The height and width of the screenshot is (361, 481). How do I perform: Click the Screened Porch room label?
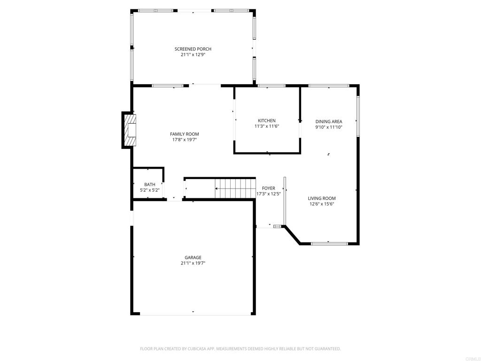(x=193, y=49)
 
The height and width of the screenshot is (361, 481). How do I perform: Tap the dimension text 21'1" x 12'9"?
(x=193, y=55)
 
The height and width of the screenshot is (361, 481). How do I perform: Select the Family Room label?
(x=184, y=134)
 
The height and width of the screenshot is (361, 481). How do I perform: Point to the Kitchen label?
(x=267, y=121)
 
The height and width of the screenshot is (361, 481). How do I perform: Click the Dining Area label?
(x=329, y=121)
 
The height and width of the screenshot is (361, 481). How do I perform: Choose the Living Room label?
(x=322, y=198)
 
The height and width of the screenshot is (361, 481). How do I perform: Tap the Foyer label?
(x=269, y=188)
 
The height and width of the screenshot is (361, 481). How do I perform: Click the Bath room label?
(x=150, y=185)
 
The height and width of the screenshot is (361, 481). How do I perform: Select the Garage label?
(x=193, y=258)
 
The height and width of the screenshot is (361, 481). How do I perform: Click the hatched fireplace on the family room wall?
(x=130, y=130)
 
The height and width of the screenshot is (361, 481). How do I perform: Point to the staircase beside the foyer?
(x=235, y=188)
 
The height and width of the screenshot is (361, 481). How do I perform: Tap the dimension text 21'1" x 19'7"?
(x=193, y=263)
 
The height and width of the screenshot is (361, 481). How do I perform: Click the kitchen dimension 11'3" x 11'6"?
(x=267, y=126)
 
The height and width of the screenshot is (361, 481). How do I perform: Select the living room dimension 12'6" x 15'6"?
(x=322, y=204)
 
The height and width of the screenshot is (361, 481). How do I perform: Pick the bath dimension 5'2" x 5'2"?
(x=150, y=190)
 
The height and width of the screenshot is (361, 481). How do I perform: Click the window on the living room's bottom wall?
(x=329, y=243)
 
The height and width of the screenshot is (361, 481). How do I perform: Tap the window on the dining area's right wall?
(x=358, y=116)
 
